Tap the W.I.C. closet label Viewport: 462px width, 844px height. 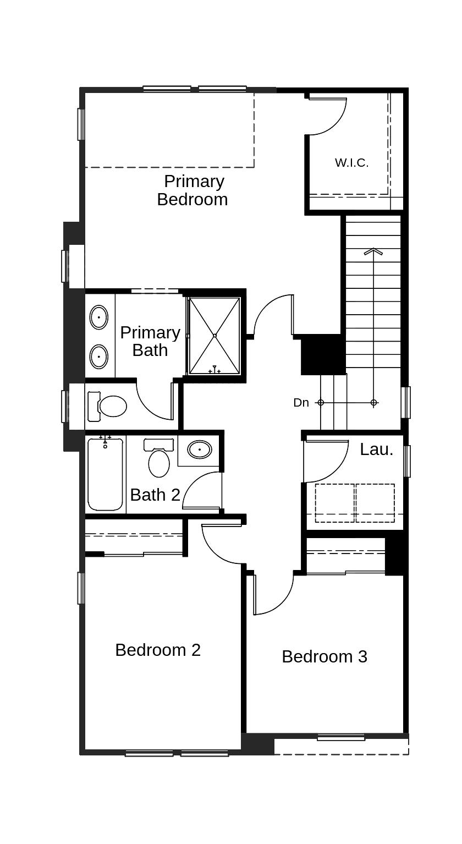coord(351,163)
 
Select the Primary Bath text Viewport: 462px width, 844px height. coord(150,341)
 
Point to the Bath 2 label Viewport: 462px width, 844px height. coord(155,495)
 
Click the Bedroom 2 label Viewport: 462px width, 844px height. coord(158,650)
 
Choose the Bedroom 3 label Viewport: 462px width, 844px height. coord(324,656)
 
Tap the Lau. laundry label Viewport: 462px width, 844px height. coord(377,450)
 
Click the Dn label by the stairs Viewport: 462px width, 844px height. coord(301,403)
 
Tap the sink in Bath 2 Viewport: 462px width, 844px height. coord(199,450)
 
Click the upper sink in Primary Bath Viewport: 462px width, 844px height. coord(99,317)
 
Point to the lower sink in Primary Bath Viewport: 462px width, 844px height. coord(99,356)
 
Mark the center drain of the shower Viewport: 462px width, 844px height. coord(215,335)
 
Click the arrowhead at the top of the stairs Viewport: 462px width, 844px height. coord(373,252)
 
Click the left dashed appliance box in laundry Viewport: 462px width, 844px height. coord(335,503)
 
